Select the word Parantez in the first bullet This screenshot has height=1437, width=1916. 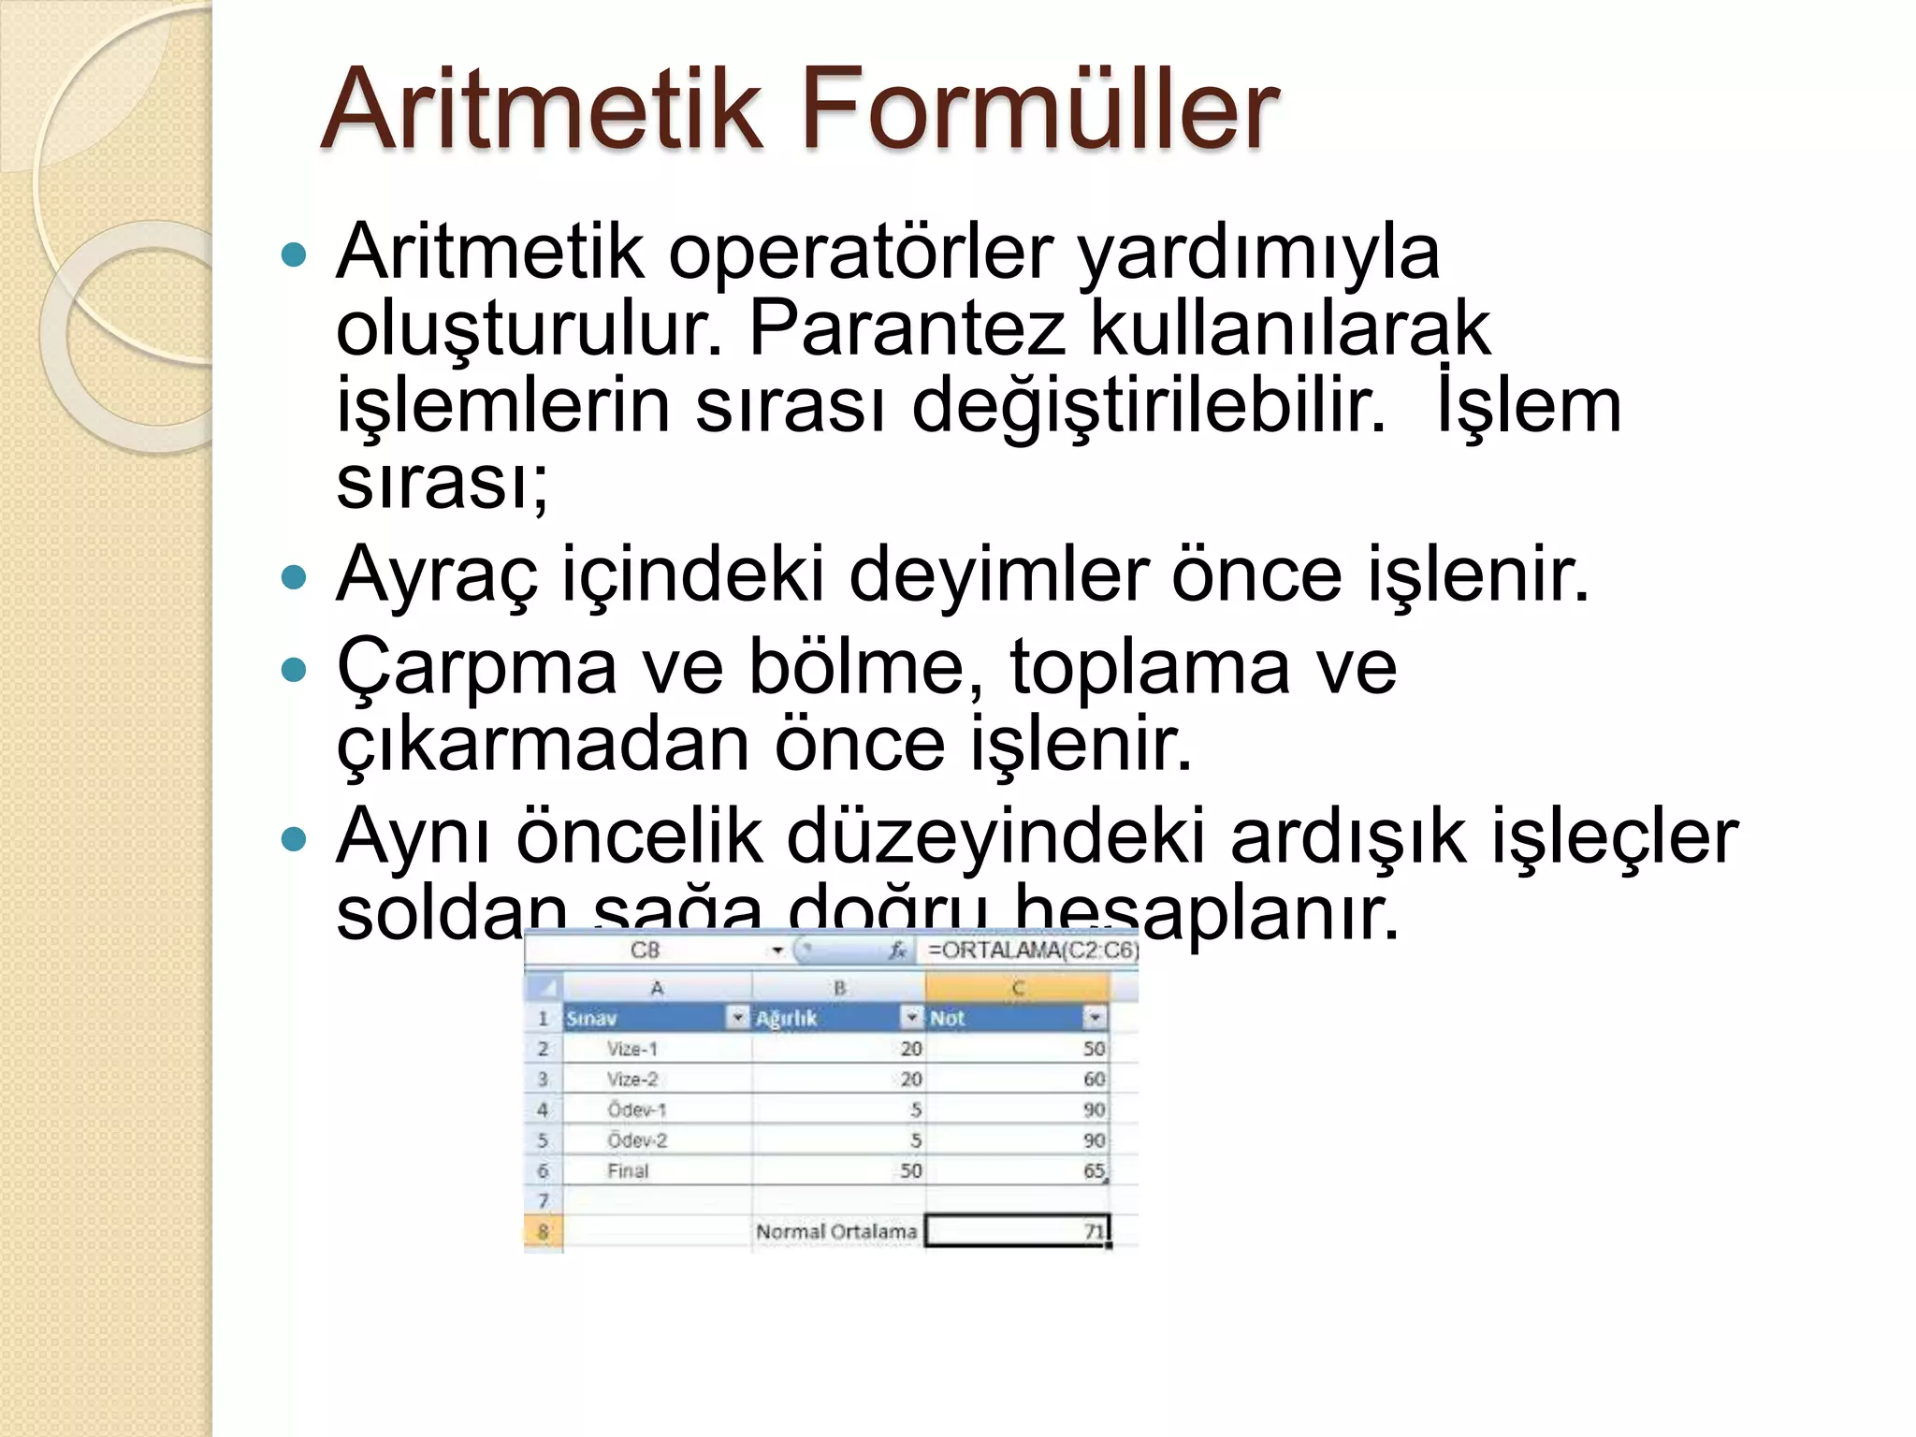pos(907,328)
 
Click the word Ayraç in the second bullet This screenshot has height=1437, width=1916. pos(437,573)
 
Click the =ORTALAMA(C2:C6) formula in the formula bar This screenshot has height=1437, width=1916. pos(1032,951)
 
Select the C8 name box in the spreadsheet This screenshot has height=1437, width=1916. pos(645,951)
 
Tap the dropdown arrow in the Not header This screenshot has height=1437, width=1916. pos(1094,1018)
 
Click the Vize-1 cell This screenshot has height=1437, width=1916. pos(632,1049)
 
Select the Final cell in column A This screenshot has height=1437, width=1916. pos(628,1170)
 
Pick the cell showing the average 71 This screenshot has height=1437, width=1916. pos(1017,1231)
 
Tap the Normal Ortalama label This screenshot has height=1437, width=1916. pos(836,1231)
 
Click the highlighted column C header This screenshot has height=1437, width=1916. pos(1017,988)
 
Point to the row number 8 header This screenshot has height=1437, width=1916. pos(543,1231)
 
